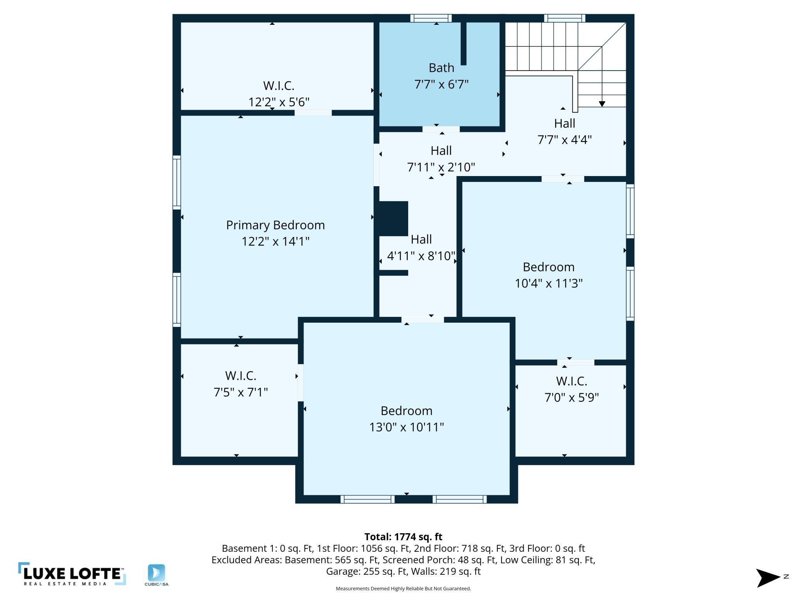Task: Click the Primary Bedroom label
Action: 275,225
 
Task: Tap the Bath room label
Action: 442,68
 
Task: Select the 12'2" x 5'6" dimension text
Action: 279,102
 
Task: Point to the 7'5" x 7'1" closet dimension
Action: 241,392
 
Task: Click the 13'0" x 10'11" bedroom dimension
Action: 407,427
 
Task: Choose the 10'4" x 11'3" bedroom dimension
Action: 549,283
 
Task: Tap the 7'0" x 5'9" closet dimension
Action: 571,398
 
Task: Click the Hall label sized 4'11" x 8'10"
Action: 421,239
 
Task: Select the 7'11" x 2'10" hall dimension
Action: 441,167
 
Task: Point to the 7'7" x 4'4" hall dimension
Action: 565,140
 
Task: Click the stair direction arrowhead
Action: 602,104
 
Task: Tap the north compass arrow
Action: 768,578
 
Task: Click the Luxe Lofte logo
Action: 72,574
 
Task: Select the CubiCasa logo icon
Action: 156,573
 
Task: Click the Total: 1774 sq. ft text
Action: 403,537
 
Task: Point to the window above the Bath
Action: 431,18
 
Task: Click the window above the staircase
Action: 565,18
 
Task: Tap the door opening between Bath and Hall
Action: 441,129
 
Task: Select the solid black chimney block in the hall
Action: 393,218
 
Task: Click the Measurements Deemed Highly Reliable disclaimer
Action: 403,589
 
